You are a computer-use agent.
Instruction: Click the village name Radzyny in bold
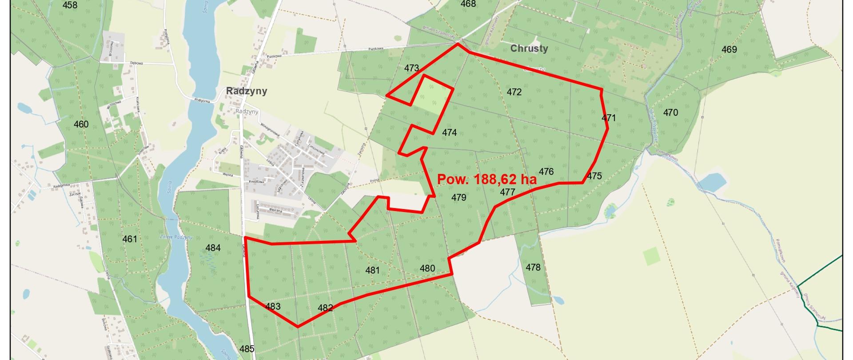click(247, 91)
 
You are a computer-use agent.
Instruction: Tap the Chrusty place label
click(529, 48)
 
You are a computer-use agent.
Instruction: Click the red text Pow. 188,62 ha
click(487, 180)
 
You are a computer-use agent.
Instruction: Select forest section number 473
click(411, 68)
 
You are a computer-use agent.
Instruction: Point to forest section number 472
click(514, 92)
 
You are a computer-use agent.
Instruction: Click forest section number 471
click(609, 118)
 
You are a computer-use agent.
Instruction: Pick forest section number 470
click(670, 112)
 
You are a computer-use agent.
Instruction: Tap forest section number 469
click(729, 50)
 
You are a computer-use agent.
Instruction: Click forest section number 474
click(449, 132)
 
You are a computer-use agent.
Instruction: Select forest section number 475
click(594, 176)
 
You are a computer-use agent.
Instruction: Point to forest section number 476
click(546, 172)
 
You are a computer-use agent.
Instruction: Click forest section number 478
click(533, 267)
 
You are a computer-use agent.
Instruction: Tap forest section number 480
click(427, 268)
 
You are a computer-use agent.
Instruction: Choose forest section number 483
click(273, 306)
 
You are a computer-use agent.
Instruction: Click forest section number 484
click(213, 248)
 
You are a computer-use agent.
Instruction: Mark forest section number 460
click(81, 124)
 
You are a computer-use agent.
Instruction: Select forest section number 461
click(130, 239)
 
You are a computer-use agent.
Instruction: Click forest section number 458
click(70, 5)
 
